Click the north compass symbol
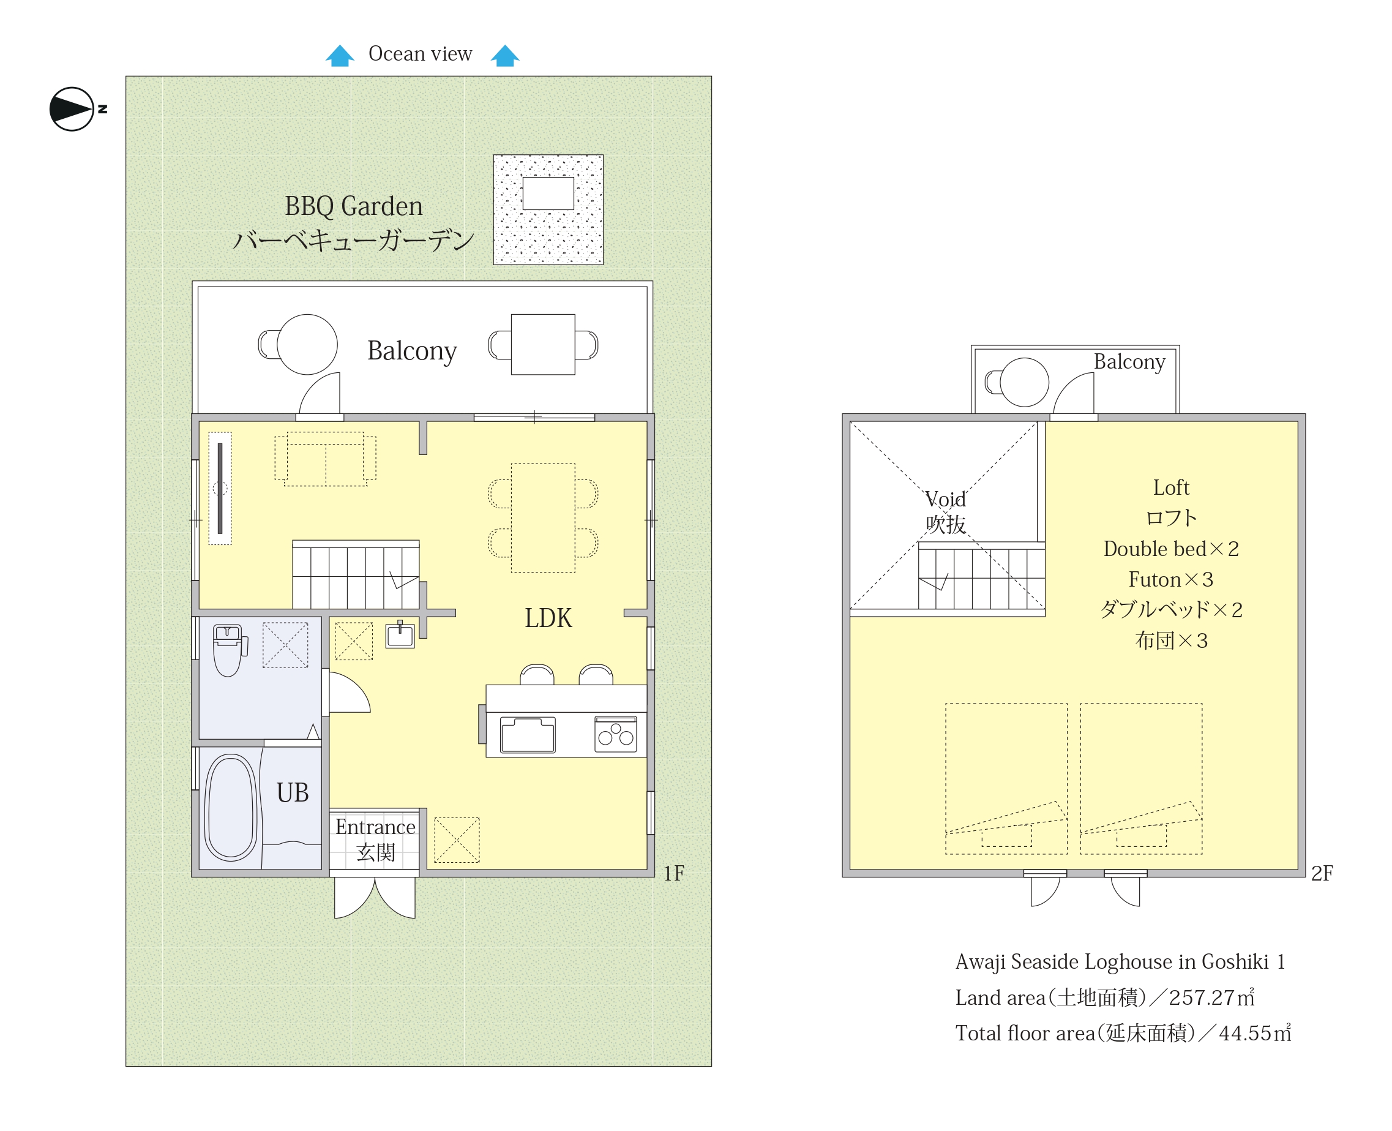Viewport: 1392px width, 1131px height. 72,109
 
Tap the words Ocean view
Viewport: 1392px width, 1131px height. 420,53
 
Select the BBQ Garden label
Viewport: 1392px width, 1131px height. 354,206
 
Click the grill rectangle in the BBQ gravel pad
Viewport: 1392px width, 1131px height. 548,194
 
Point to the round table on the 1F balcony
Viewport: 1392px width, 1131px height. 307,345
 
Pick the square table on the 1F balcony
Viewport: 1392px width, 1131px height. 543,345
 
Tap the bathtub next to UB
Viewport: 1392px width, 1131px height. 231,808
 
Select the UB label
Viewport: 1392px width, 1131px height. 293,794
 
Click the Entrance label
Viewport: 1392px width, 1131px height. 375,827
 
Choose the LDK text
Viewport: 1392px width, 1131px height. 548,618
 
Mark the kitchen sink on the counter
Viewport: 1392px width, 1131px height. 528,735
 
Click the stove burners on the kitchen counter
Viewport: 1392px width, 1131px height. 616,734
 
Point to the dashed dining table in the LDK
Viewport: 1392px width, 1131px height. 543,518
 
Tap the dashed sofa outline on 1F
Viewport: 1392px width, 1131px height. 326,459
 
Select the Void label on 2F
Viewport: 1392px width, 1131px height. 946,500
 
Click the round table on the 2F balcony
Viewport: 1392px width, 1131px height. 1025,383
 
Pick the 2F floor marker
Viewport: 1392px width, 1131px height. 1322,873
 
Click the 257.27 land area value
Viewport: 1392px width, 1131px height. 1201,998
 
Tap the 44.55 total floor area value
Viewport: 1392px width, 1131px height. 1245,1033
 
